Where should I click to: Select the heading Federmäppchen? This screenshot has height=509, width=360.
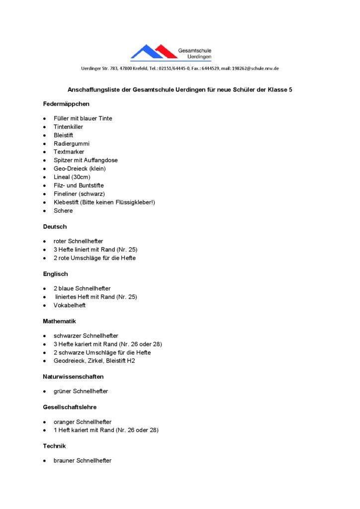(66, 104)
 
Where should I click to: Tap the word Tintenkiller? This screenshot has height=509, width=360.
(68, 127)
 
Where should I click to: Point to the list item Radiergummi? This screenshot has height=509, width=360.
(72, 144)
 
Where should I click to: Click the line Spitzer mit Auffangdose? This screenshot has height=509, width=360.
(86, 160)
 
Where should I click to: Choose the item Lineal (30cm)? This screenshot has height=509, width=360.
(72, 177)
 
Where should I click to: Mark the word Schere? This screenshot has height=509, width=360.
(63, 211)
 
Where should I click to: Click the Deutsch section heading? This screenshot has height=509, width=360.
(55, 227)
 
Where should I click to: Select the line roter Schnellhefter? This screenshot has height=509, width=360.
(79, 241)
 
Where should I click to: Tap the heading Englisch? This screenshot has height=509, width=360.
(55, 274)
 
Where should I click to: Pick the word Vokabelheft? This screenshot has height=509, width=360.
(70, 305)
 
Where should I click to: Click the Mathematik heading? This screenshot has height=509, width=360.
(59, 322)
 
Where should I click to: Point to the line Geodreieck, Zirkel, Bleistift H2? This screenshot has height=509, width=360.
(94, 361)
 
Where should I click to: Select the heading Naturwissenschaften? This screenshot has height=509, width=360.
(73, 377)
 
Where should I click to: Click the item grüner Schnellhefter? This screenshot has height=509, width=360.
(81, 391)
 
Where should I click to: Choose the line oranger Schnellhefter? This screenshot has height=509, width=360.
(83, 422)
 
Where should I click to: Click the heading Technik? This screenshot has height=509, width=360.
(54, 446)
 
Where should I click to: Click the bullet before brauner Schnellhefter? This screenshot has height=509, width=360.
(45, 461)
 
